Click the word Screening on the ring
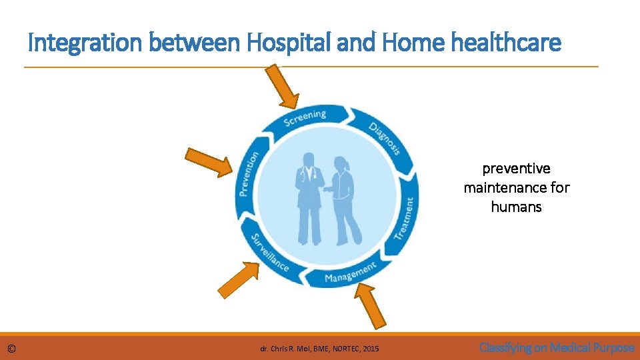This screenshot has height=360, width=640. point(305,118)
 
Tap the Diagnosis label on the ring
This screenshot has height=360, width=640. point(385,139)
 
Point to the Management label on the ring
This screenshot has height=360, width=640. point(351,272)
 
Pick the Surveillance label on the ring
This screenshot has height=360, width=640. point(269,253)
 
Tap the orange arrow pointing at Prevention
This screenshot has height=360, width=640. point(209,162)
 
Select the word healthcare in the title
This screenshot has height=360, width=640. point(506,43)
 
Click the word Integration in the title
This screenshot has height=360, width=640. point(85,43)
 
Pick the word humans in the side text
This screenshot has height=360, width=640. point(516,207)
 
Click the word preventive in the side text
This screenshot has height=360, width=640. point(517,169)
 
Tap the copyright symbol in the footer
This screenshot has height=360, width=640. point(12,348)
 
